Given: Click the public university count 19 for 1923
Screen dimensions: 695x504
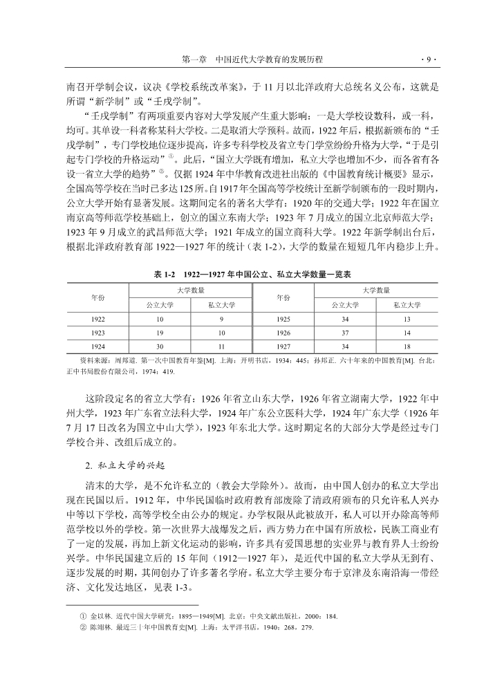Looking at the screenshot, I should pos(160,332).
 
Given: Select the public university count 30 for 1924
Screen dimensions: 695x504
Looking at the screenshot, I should pos(160,345).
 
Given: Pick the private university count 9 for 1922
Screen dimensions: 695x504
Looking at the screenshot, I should pos(221,319).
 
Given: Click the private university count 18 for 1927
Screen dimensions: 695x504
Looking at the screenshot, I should pos(407,345).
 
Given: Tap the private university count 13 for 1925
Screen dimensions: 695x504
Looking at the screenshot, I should pos(407,319).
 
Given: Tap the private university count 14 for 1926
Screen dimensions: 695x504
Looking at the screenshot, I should pos(407,332).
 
